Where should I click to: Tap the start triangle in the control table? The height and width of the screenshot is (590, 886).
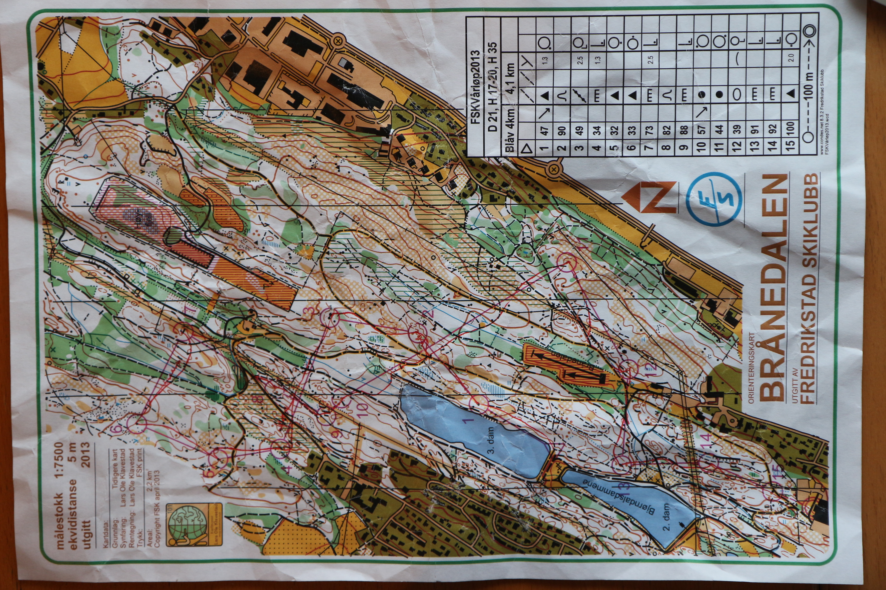(x=526, y=148)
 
